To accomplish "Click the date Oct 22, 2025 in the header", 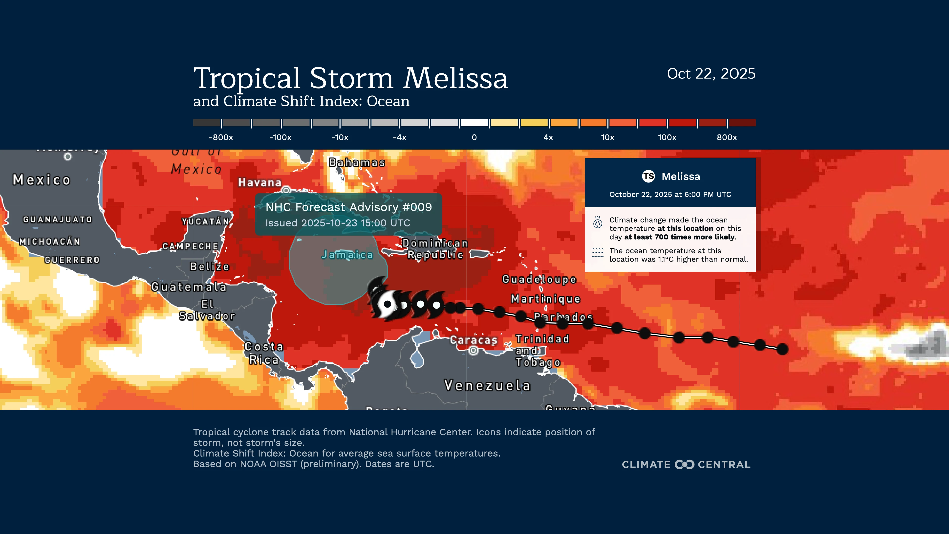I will click(711, 74).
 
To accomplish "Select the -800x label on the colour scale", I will click(221, 137).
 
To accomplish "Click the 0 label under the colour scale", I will click(474, 137).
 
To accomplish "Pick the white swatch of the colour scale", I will click(474, 123).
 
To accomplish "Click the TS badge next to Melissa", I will click(648, 177).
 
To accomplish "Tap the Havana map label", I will click(260, 182).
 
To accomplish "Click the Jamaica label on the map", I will click(347, 255).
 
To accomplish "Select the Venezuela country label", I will click(487, 385).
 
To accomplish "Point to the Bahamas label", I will click(357, 162).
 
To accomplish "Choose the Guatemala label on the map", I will click(189, 287).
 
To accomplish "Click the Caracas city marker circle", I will click(474, 351).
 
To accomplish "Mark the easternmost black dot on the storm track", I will click(782, 349).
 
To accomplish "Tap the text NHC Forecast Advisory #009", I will click(348, 207).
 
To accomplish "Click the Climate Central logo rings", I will click(684, 464).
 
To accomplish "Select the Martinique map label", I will click(545, 299).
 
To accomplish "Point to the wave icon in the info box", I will click(598, 253).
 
